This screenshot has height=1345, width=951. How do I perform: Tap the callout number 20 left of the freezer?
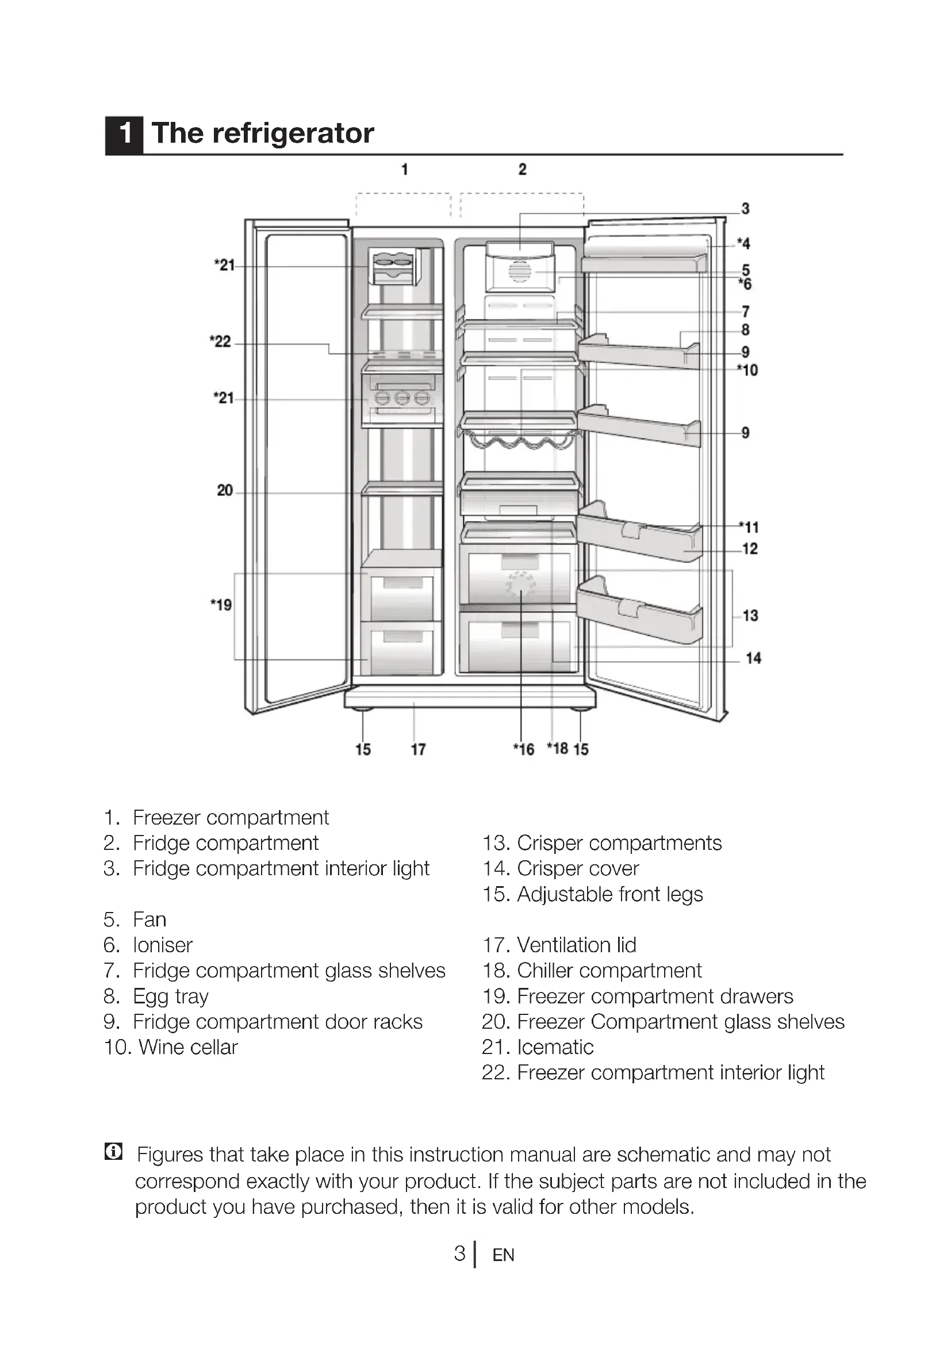(225, 491)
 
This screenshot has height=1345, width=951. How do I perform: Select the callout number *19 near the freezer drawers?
(221, 604)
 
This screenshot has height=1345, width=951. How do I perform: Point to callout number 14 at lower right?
(753, 658)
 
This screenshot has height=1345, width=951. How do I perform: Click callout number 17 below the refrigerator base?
(418, 749)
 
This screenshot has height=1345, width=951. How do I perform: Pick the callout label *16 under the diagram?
(524, 749)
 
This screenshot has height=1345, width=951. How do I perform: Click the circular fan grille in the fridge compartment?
(519, 273)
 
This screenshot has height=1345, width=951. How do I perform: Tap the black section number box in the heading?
(124, 134)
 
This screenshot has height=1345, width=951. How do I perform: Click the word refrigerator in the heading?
(293, 133)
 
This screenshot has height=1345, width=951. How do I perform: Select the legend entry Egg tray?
(170, 996)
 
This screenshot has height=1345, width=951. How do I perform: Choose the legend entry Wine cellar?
(187, 1047)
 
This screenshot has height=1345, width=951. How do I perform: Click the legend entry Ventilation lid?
(576, 945)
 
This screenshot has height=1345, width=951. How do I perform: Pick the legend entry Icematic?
(554, 1047)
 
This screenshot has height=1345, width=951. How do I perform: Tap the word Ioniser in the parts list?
(162, 945)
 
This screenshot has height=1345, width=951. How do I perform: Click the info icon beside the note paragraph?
(114, 1152)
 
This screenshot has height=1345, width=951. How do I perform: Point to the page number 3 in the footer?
(460, 1253)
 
